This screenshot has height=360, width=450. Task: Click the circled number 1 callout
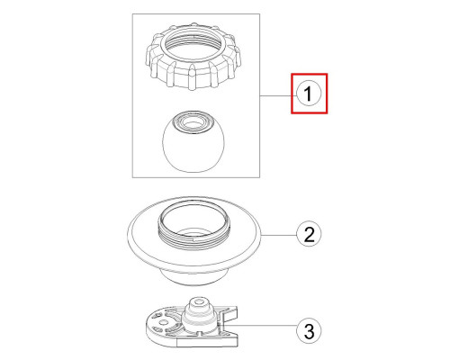[x=309, y=94]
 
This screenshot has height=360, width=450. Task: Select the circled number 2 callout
[x=309, y=234]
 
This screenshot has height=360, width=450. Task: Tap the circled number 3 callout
[x=309, y=330]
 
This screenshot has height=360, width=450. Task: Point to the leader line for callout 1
[x=278, y=95]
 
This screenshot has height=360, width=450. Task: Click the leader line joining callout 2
[x=279, y=235]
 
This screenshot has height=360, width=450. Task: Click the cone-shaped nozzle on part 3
[x=199, y=316]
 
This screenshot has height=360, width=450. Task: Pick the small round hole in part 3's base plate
[x=163, y=322]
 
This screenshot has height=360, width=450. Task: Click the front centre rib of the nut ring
[x=191, y=80]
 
